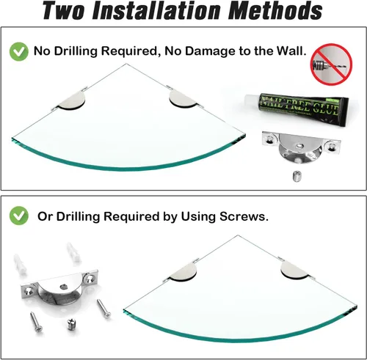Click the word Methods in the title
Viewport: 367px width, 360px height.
(275, 11)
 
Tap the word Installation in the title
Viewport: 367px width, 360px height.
(156, 11)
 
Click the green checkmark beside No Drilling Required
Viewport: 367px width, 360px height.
(19, 51)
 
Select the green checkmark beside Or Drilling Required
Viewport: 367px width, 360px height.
(19, 216)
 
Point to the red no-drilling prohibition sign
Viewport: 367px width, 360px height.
(331, 65)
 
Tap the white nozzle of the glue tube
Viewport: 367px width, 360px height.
(252, 100)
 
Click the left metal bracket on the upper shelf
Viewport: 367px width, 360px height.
(71, 100)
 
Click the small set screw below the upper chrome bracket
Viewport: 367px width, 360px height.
(297, 176)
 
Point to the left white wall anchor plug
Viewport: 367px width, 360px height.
(20, 264)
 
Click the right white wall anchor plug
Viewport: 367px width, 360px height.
(73, 252)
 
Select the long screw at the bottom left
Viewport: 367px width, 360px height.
(36, 322)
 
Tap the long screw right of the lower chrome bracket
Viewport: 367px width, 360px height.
(103, 309)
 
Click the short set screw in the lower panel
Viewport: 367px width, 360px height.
(71, 324)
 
